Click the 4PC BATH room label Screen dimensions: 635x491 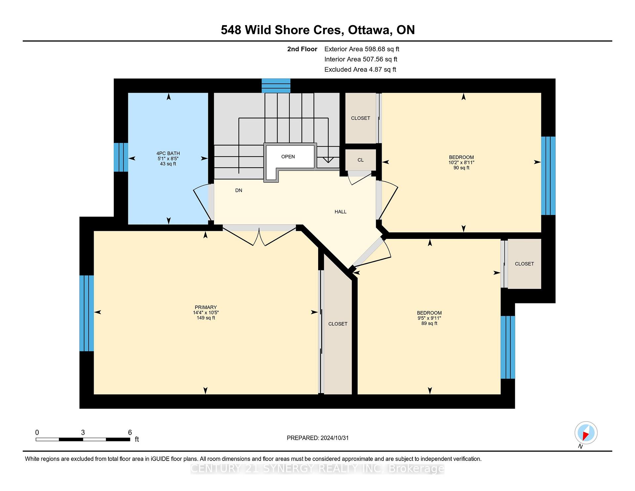pos(168,153)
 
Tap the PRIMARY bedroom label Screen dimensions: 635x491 pos(206,307)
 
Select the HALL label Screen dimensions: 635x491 pos(340,212)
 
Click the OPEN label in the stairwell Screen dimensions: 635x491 pos(288,157)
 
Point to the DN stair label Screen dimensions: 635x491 pos(239,190)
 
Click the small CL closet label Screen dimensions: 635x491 pos(360,160)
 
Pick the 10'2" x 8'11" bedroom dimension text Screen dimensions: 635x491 pos(461,162)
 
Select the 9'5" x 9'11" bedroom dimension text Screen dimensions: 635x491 pos(429,318)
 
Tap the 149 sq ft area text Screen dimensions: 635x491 pos(206,318)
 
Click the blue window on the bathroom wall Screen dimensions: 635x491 pos(121,157)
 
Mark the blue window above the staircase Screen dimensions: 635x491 pos(276,86)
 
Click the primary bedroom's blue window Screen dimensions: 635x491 pos(87,313)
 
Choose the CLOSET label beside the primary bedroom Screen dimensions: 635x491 pos(338,324)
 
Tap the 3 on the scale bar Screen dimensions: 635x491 pos(83,432)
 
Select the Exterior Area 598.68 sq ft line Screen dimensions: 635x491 pos(362,49)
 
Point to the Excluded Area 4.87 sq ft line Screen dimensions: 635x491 pos(360,69)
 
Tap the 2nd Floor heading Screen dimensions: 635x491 pos(302,49)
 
